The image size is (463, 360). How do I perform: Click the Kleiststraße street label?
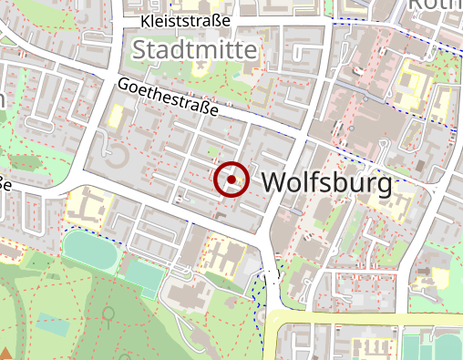[185, 20]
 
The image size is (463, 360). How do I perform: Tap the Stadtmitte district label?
[194, 49]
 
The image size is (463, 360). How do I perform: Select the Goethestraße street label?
[169, 98]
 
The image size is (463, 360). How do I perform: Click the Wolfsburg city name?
[327, 183]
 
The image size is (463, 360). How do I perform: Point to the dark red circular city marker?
[231, 180]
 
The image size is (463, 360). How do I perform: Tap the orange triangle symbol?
[5, 354]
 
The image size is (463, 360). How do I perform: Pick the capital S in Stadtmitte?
[139, 49]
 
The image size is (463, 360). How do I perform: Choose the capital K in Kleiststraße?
[146, 20]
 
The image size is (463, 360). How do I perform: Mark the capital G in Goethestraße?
[124, 85]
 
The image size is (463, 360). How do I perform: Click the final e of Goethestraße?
[215, 112]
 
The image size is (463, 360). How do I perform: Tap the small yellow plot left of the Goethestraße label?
[116, 117]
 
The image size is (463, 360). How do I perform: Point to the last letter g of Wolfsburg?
[385, 186]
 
